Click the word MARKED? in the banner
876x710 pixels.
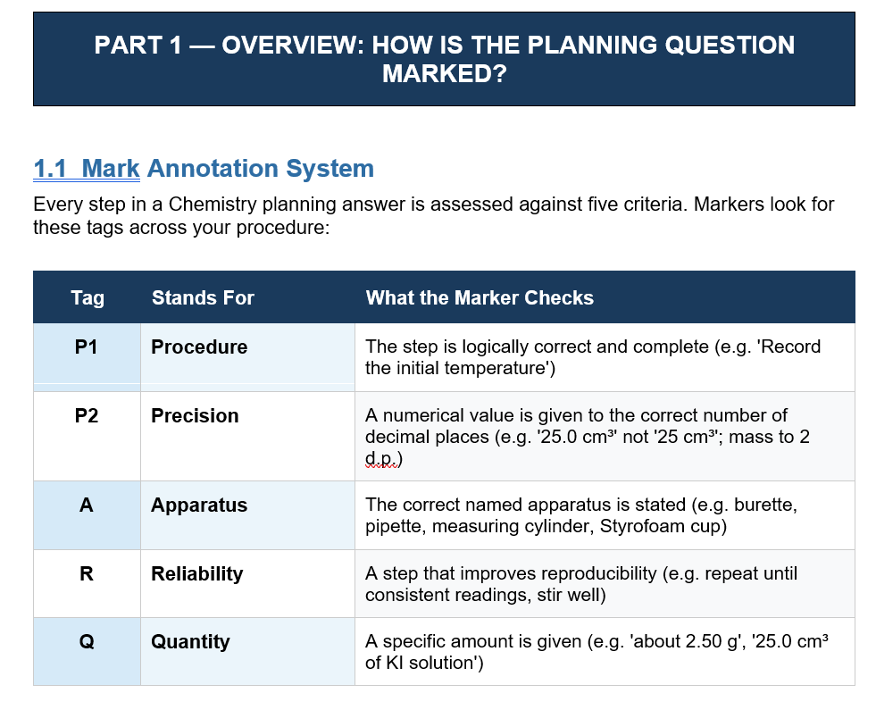click(444, 74)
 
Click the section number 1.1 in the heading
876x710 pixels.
click(50, 168)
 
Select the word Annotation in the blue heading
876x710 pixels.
click(213, 168)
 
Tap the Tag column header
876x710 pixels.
click(88, 297)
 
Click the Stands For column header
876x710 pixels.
click(203, 297)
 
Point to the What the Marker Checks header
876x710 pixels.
click(480, 297)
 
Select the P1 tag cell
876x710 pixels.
click(86, 347)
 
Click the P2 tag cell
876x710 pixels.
click(86, 415)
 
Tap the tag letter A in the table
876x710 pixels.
click(86, 505)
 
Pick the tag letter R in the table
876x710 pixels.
click(86, 573)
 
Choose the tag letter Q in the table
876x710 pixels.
click(87, 642)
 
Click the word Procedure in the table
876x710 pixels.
click(199, 347)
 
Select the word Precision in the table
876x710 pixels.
click(195, 415)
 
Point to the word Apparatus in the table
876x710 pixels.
click(199, 505)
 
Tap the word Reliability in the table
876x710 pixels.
click(196, 574)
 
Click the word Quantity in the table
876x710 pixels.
click(190, 642)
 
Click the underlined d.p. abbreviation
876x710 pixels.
click(381, 459)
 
